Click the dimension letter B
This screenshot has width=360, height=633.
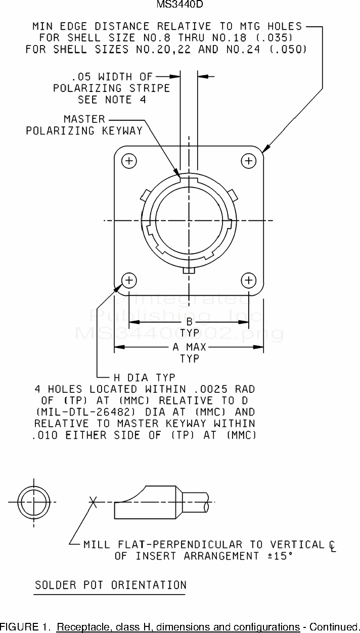[189, 322]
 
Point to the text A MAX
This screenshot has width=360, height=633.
[189, 347]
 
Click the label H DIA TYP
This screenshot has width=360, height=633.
[145, 378]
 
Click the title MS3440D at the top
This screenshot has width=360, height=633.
[179, 4]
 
